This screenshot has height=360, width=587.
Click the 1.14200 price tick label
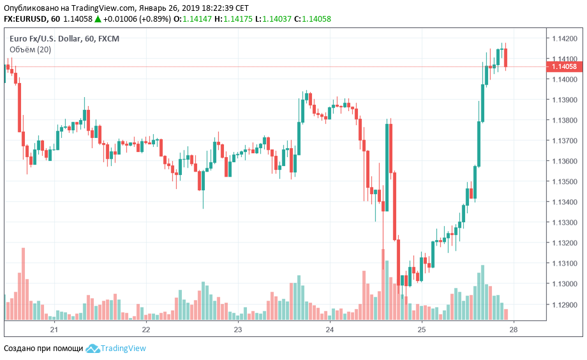(565, 38)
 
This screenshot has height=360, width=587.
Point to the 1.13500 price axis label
(565, 181)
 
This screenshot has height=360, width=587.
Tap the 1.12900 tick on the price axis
(565, 304)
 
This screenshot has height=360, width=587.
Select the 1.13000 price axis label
(565, 284)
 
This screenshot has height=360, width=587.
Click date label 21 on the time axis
(54, 329)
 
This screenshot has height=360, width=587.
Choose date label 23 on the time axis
(238, 329)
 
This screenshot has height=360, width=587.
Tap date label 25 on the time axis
(422, 329)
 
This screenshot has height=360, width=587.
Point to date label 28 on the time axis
(513, 329)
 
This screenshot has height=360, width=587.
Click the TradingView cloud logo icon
(93, 349)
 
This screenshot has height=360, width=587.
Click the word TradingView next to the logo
(124, 349)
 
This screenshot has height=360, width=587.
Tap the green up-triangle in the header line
(98, 20)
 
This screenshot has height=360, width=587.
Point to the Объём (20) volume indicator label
(30, 49)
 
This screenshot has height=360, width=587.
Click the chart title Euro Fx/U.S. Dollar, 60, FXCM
(64, 38)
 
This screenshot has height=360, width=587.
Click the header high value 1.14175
(237, 20)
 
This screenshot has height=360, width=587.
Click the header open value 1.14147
(197, 20)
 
